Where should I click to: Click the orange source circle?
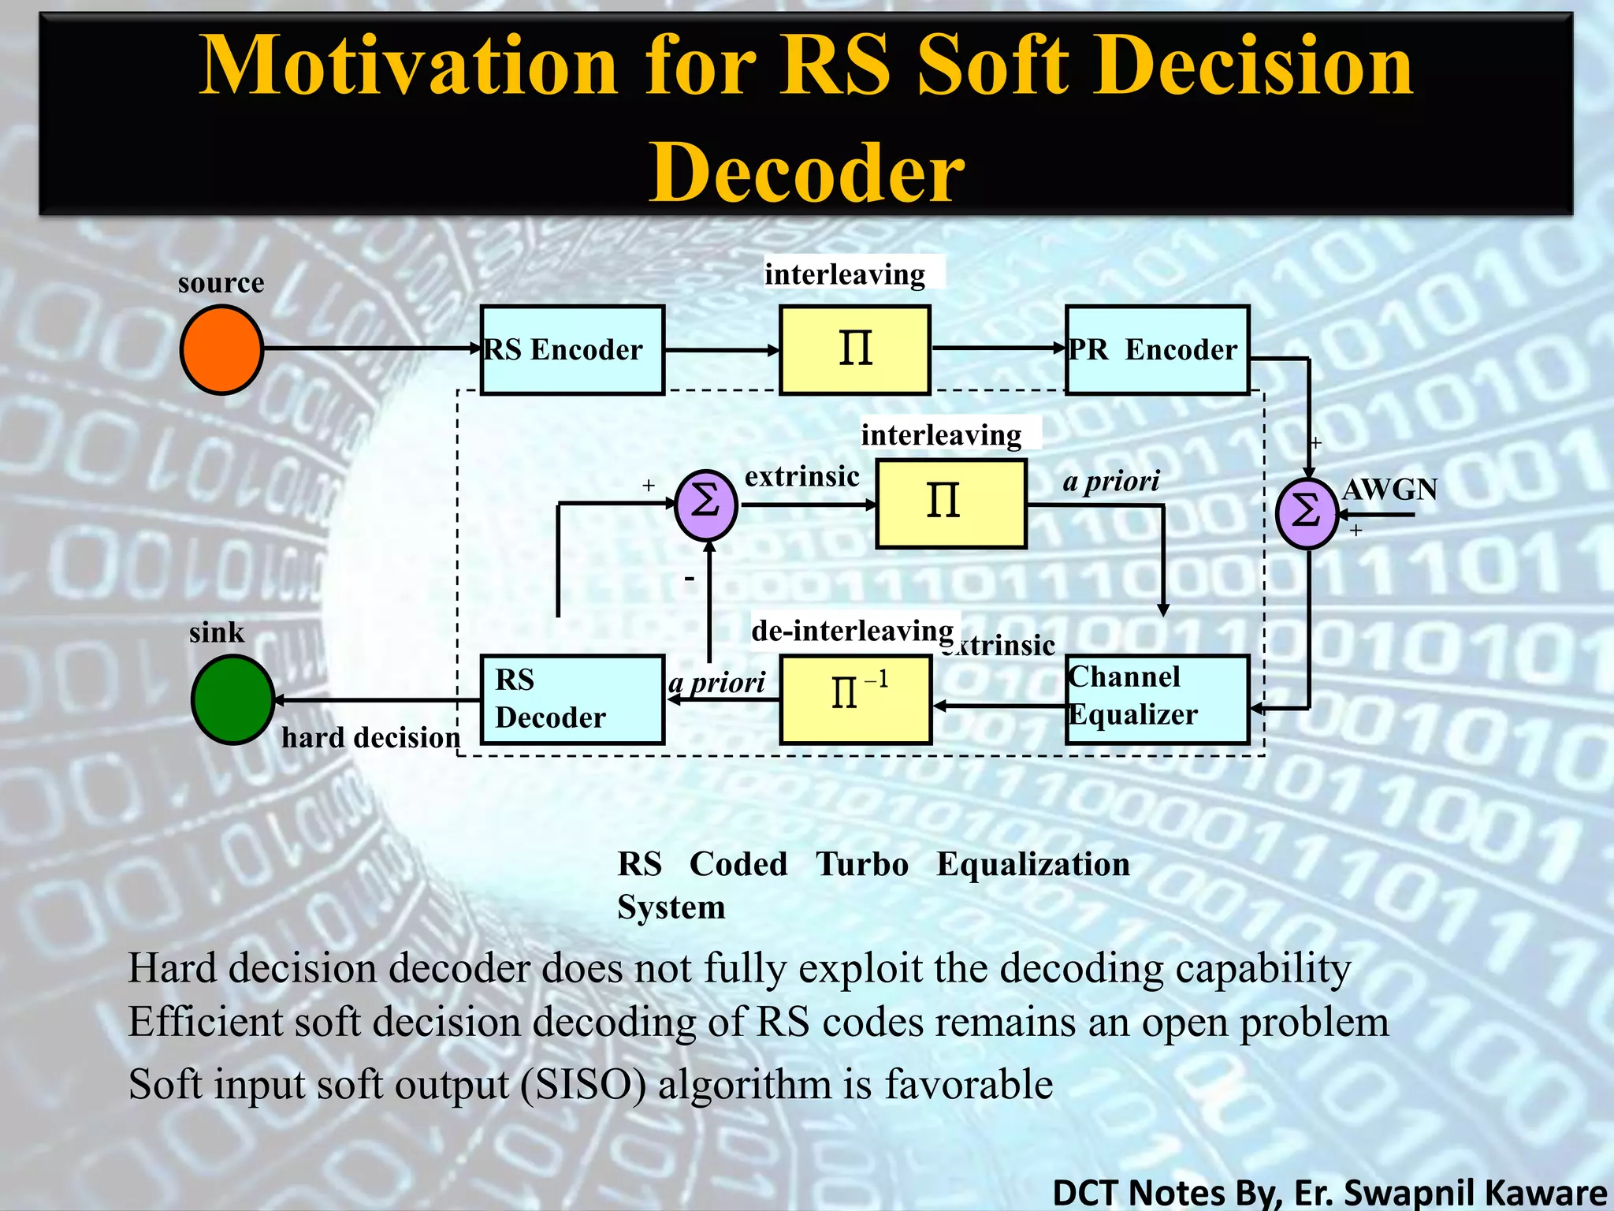pyautogui.click(x=221, y=349)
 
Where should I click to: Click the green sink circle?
pyautogui.click(x=232, y=699)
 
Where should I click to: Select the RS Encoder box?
pyautogui.click(x=572, y=349)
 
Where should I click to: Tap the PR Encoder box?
pyautogui.click(x=1157, y=349)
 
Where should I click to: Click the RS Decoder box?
pyautogui.click(x=572, y=699)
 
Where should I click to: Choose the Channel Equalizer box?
pyautogui.click(x=1157, y=699)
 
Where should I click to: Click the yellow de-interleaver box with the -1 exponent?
pyautogui.click(x=856, y=699)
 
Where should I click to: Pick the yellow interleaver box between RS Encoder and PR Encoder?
pyautogui.click(x=855, y=349)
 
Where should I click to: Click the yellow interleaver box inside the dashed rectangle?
pyautogui.click(x=951, y=503)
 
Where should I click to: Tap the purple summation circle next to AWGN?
pyautogui.click(x=1306, y=513)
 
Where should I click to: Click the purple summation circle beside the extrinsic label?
pyautogui.click(x=706, y=505)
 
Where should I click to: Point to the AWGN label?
pyautogui.click(x=1389, y=490)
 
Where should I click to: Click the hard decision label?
pyautogui.click(x=370, y=737)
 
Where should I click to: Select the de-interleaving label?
pyautogui.click(x=852, y=631)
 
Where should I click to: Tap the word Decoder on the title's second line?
pyautogui.click(x=806, y=173)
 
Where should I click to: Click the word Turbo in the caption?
pyautogui.click(x=861, y=864)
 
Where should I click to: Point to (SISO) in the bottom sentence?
pyautogui.click(x=583, y=1084)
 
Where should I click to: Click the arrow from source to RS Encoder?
pyautogui.click(x=370, y=348)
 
